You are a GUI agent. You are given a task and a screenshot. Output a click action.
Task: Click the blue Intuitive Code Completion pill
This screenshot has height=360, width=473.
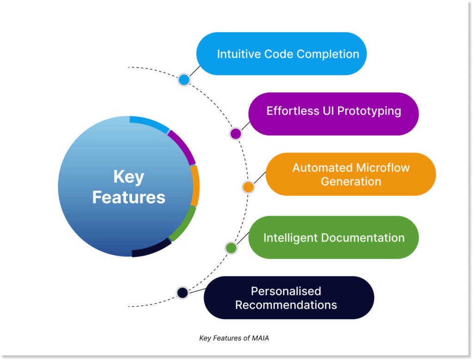pos(281,54)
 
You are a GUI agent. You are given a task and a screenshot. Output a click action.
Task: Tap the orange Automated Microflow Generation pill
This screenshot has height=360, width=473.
pos(351,174)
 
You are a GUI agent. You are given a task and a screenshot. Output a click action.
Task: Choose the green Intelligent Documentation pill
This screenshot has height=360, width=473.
pos(334,238)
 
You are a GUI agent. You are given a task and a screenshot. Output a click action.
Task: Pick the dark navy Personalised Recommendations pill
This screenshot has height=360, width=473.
pos(289,298)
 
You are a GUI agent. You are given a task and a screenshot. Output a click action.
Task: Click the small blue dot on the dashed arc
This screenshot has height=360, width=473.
pos(184,79)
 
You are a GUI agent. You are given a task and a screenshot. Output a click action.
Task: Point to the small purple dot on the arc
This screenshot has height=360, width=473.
pos(236,134)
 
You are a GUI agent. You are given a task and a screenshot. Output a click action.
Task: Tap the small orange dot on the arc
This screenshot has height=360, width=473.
pos(248,187)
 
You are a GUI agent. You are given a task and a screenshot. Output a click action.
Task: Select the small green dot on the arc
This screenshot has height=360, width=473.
pos(231,248)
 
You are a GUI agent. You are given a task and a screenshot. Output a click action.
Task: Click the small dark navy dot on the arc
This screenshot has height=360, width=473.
pos(182,292)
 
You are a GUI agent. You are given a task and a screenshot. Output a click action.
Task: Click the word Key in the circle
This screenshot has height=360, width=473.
pos(128,177)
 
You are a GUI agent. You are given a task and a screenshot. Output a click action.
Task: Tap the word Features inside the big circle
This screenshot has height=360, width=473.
pos(128,197)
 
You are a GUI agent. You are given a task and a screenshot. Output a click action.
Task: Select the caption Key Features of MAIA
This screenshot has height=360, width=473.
pos(234,338)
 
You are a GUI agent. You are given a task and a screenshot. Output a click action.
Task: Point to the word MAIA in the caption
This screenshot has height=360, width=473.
pos(260,338)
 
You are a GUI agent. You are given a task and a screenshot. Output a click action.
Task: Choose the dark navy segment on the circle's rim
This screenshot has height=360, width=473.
pos(151,248)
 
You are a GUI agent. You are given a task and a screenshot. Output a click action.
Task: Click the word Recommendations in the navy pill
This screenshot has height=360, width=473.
pos(286,305)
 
